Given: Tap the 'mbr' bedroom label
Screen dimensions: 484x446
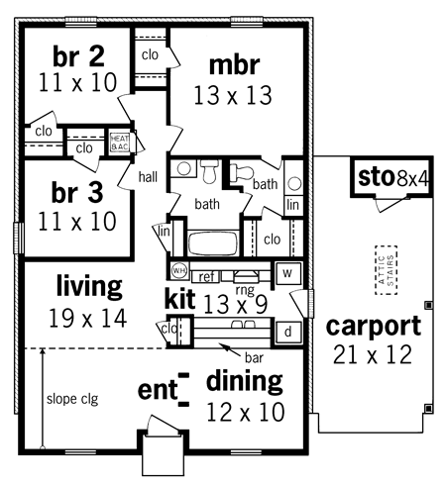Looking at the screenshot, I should click(x=234, y=65).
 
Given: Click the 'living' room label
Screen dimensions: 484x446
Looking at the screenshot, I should click(x=88, y=287).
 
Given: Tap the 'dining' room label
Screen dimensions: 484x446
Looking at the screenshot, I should click(x=244, y=381).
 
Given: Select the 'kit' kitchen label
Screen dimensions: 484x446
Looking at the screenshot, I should click(x=180, y=297).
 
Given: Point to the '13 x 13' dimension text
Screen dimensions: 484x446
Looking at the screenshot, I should click(x=234, y=95).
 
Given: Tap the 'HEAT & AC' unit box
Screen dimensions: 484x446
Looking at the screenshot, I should click(x=120, y=144).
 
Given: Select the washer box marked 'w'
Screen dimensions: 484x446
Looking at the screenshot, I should click(x=285, y=272).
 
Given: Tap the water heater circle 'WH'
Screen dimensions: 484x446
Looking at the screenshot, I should click(x=179, y=269).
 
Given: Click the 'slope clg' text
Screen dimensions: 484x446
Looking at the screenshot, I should click(x=72, y=400).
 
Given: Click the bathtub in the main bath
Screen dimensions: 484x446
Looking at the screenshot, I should click(x=209, y=243).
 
